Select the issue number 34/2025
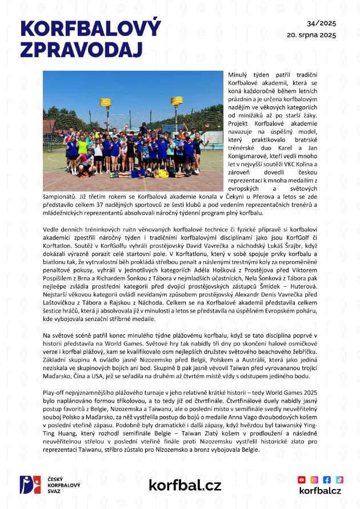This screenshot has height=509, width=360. [321, 23]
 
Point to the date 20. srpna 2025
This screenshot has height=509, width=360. [311, 35]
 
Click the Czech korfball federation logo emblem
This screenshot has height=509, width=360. [30, 484]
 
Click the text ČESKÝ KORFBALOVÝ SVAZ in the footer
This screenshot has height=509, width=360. [64, 484]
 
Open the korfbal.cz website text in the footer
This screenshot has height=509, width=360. [185, 485]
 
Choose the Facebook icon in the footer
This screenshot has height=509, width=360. [327, 479]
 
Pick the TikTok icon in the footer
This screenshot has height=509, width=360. [339, 479]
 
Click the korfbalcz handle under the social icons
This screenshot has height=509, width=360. [320, 491]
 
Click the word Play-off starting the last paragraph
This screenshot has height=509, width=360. [54, 394]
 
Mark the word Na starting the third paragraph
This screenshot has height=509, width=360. [47, 334]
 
